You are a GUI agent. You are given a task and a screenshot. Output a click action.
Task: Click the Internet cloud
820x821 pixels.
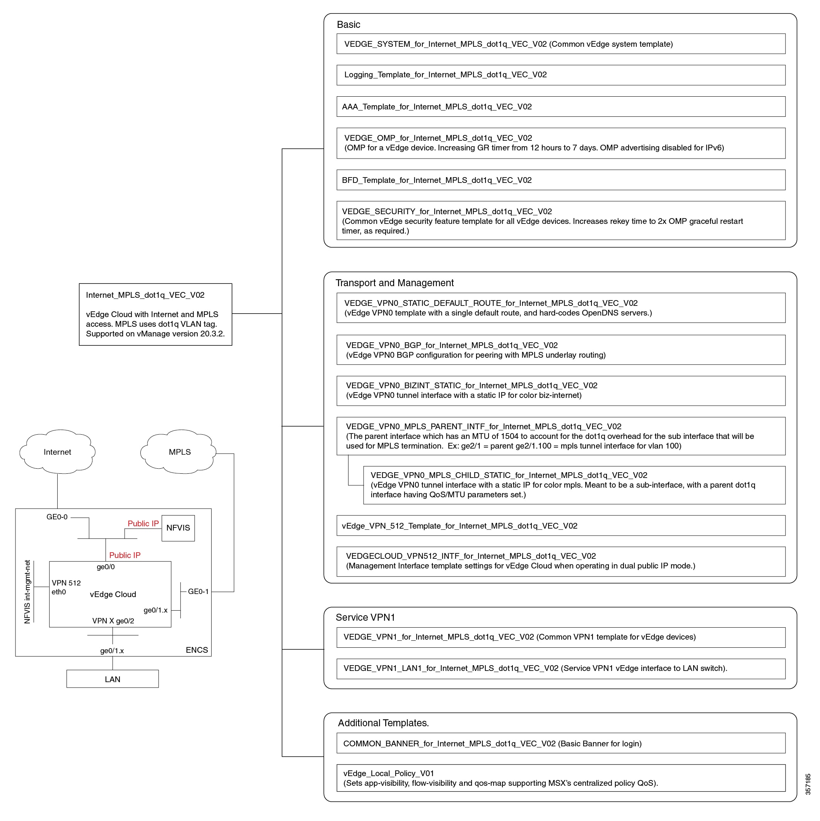click(x=57, y=452)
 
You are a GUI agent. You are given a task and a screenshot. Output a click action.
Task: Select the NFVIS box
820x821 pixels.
click(x=178, y=528)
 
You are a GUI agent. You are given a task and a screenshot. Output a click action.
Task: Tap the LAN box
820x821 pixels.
click(x=113, y=679)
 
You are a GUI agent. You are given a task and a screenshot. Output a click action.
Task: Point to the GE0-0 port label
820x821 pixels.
click(x=57, y=517)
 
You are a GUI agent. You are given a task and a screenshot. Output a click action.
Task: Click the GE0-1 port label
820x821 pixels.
click(x=198, y=592)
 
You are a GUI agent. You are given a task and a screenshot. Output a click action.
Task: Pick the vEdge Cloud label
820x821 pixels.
click(x=113, y=594)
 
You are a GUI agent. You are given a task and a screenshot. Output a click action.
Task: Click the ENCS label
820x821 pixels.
click(x=197, y=650)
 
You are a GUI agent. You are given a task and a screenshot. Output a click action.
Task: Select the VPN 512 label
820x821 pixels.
click(x=66, y=583)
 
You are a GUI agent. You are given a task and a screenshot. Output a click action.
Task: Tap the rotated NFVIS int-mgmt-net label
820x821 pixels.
click(x=27, y=592)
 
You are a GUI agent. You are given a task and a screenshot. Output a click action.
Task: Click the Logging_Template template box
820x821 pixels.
click(x=561, y=75)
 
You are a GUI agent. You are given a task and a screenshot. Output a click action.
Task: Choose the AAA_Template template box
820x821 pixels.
click(x=561, y=107)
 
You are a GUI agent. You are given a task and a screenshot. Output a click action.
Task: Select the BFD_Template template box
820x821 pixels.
click(x=561, y=180)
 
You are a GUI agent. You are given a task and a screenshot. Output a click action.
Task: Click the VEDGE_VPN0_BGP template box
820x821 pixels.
click(x=561, y=350)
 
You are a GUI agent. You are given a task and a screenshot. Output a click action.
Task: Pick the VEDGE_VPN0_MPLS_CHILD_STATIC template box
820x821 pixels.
click(x=574, y=485)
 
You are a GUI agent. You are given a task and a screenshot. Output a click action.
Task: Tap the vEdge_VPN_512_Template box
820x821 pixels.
click(x=561, y=526)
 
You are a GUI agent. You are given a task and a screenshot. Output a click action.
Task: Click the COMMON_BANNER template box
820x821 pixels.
click(x=561, y=743)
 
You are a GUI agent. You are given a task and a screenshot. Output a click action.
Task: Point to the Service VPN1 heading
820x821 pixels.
click(x=365, y=618)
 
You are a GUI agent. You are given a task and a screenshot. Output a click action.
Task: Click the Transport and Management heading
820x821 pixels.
click(x=395, y=283)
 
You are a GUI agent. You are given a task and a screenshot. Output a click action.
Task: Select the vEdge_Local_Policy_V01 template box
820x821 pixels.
click(x=561, y=778)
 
